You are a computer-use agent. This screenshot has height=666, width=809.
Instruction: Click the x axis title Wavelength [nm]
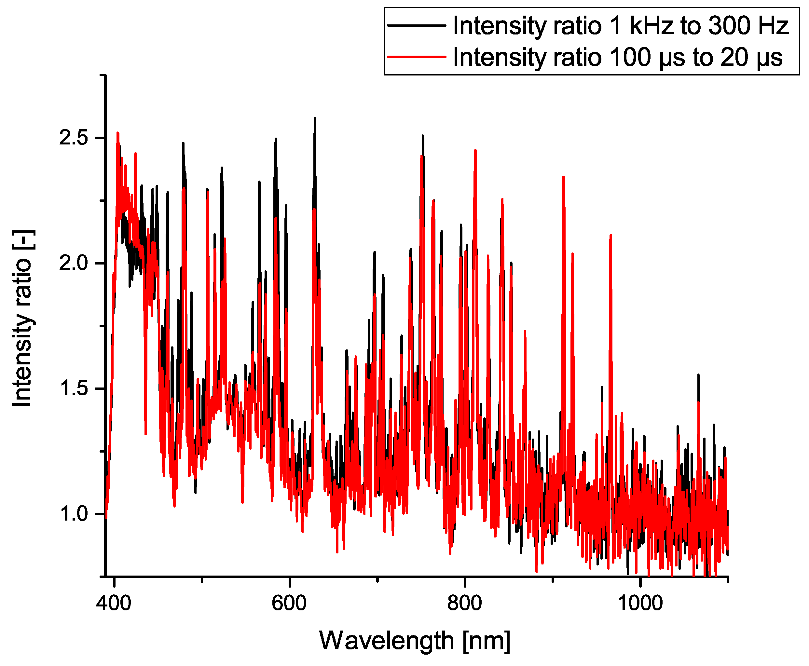[x=415, y=640]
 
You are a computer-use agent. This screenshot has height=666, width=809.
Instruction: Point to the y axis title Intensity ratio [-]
[x=22, y=319]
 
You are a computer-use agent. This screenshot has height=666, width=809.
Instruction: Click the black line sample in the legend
[x=417, y=25]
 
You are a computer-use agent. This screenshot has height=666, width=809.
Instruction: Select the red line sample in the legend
[x=417, y=57]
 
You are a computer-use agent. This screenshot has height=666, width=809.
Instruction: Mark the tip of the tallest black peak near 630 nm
[x=315, y=118]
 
